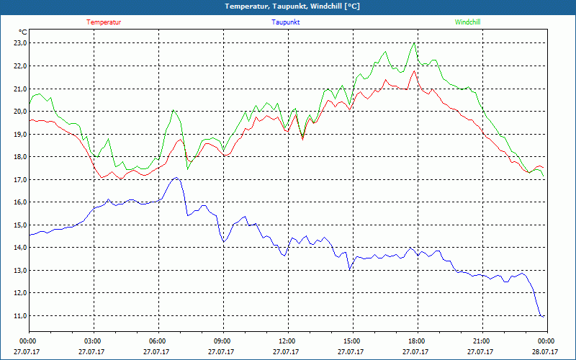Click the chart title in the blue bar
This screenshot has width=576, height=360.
coord(287,6)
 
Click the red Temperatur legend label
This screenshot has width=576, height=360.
coord(104,22)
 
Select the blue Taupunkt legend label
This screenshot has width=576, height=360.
coord(286,22)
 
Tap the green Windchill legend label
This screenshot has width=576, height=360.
coord(467,22)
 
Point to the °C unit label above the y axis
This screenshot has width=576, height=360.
coord(22,32)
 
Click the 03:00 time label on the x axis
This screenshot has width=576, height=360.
coord(93,341)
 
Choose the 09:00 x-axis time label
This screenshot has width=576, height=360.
coord(222,341)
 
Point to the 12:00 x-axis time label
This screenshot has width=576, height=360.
coord(287,341)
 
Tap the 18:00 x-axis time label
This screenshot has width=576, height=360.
coord(417,341)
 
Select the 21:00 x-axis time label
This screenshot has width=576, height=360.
coord(482,341)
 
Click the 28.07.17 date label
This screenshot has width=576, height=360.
coord(546,352)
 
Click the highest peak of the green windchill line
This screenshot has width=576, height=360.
coord(413,43)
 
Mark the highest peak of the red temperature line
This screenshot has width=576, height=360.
coord(413,71)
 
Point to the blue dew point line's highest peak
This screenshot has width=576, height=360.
coord(175,177)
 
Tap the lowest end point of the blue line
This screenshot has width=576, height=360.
coord(542,316)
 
